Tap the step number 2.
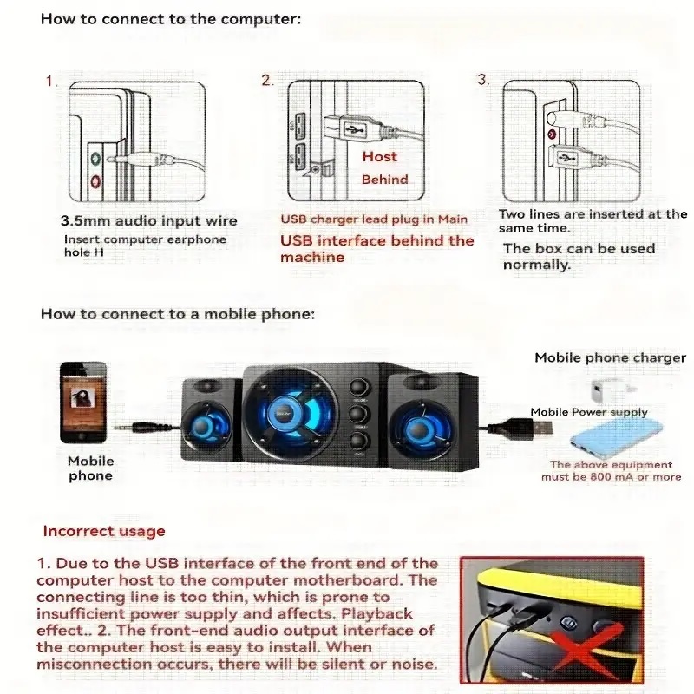[267, 81]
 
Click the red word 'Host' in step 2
[379, 157]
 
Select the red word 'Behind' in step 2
[384, 180]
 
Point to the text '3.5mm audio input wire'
[149, 221]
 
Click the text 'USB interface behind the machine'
[376, 248]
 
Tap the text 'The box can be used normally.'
[579, 256]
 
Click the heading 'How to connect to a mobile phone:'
[177, 314]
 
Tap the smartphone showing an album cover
[83, 402]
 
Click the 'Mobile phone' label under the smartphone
[91, 468]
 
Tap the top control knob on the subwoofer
[358, 387]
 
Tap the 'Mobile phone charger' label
[610, 357]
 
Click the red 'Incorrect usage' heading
[104, 531]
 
